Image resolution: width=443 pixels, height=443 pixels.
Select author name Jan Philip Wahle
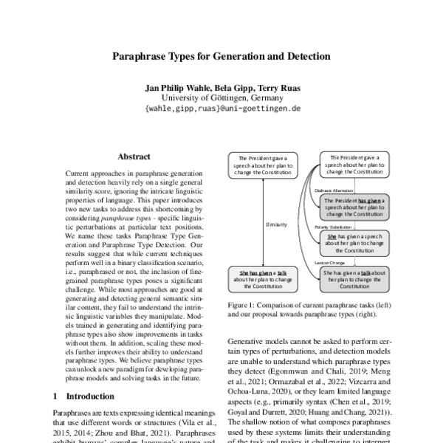point(176,87)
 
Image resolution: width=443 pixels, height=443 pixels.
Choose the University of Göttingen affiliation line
point(221,97)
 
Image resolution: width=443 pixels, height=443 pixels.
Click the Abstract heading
point(134,157)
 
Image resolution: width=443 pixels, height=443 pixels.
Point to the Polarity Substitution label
point(333,227)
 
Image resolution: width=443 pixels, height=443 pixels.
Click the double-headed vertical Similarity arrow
point(264,221)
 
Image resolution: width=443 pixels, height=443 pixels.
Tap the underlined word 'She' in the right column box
point(332,236)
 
